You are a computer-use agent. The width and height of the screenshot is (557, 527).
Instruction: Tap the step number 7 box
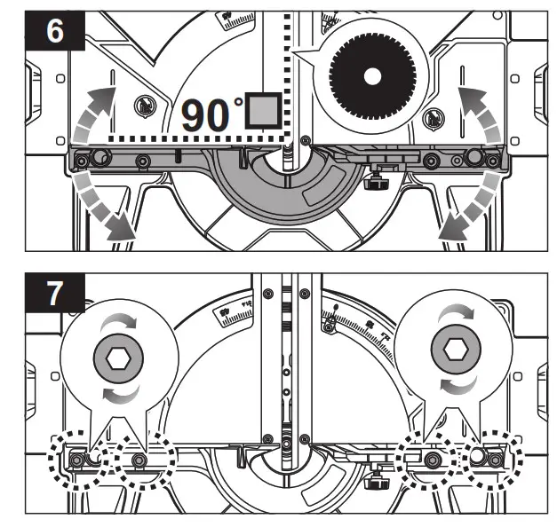click(55, 295)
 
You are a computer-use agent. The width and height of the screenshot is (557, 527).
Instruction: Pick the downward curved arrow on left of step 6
click(100, 205)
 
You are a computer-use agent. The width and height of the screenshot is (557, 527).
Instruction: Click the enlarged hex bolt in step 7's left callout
click(118, 358)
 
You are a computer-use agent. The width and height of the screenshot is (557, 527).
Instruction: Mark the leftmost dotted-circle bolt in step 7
click(78, 460)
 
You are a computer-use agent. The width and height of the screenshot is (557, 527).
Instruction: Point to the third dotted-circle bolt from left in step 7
click(433, 460)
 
